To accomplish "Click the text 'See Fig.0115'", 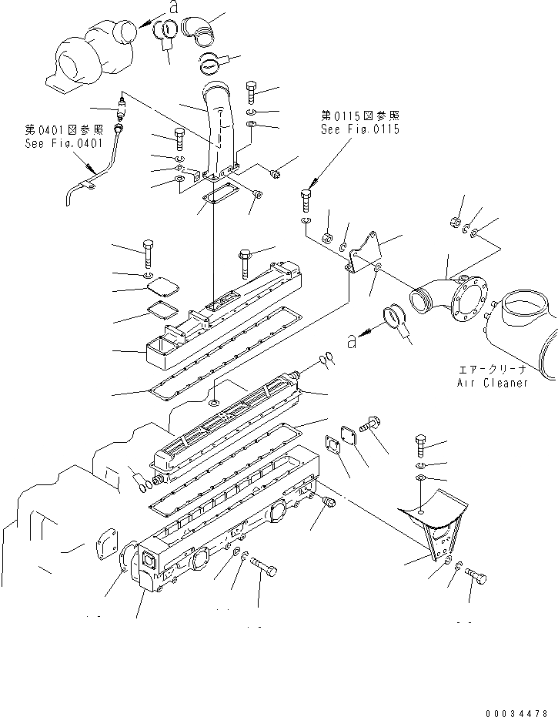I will [x=360, y=129].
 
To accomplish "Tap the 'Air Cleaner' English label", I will [x=493, y=383].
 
